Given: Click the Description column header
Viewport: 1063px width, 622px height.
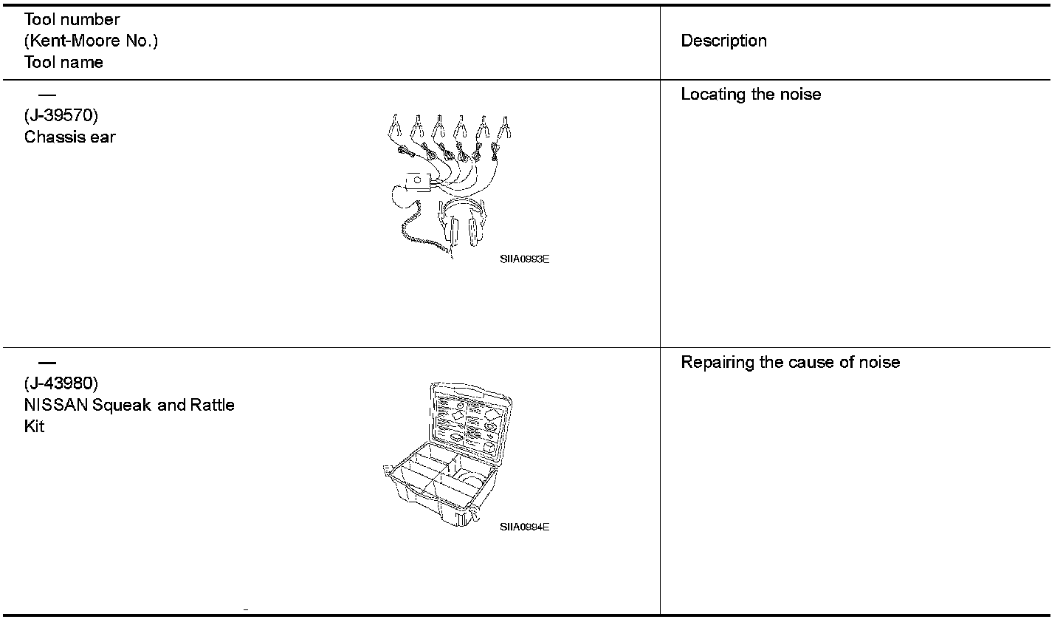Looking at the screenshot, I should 723,41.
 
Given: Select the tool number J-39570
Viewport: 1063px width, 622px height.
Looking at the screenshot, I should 61,116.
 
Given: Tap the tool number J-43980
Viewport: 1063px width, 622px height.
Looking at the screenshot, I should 61,384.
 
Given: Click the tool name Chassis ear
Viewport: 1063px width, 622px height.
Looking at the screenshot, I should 70,137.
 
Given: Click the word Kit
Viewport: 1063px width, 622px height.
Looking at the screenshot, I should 34,427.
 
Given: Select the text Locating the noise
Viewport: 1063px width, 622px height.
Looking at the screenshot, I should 751,95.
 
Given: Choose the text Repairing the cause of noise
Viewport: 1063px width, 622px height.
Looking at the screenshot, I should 790,363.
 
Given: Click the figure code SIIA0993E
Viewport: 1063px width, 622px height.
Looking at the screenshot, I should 524,259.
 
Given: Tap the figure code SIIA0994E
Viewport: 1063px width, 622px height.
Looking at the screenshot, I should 524,527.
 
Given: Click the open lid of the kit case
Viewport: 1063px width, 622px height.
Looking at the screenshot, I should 470,417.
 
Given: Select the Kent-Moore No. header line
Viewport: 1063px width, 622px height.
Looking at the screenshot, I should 91,41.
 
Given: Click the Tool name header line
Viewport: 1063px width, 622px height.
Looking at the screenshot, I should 63,63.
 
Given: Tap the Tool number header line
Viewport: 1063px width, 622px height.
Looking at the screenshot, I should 72,20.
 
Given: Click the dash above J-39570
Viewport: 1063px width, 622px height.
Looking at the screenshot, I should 47,95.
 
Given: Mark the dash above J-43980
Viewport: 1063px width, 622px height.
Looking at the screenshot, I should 47,363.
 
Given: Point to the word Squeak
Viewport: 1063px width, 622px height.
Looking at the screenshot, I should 123,406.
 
